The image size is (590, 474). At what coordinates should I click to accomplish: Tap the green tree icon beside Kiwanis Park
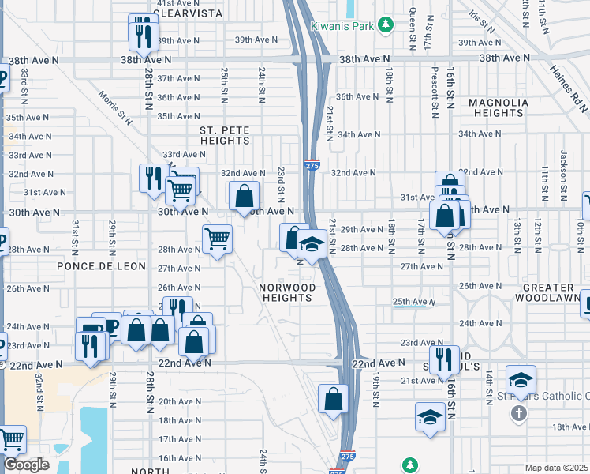[385, 25]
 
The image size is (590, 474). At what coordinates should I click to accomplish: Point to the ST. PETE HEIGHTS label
[224, 134]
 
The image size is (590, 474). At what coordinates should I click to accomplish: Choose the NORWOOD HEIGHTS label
[289, 292]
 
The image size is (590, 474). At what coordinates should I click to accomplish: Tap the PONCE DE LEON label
[101, 266]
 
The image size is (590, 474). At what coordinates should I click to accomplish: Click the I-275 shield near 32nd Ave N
[312, 165]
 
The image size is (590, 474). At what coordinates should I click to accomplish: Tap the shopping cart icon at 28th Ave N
[217, 238]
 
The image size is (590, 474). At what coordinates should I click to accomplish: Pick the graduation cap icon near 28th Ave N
[313, 244]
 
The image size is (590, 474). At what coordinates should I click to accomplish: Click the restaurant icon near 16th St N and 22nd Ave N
[445, 359]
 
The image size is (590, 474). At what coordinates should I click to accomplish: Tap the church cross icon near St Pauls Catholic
[518, 413]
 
